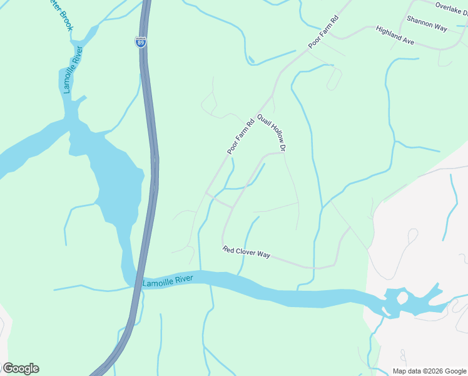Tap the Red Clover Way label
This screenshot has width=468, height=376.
[247, 253]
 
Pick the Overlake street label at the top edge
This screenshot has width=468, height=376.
[451, 7]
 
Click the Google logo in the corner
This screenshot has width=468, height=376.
[21, 368]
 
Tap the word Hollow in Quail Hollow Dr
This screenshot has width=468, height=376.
[273, 133]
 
